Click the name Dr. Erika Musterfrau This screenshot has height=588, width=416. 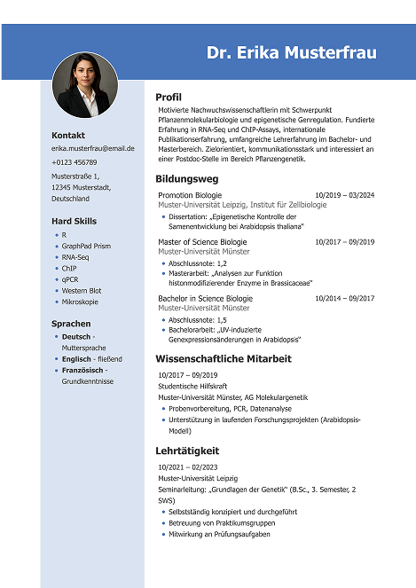(291, 53)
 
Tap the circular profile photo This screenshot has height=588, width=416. (85, 86)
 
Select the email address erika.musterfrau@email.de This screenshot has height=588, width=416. (93, 148)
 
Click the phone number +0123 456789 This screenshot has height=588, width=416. (75, 162)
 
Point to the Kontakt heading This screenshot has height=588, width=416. (68, 135)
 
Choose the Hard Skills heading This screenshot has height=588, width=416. (74, 221)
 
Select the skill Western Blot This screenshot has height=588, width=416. (82, 290)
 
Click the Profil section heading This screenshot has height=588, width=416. (169, 97)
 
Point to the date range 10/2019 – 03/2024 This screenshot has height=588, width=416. (344, 194)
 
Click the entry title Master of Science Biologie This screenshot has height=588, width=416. (202, 242)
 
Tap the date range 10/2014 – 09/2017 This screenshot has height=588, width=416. (344, 299)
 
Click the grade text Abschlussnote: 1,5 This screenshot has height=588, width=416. (198, 319)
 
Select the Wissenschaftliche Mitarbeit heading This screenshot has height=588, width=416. (224, 359)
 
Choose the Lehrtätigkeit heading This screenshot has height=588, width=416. (188, 451)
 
